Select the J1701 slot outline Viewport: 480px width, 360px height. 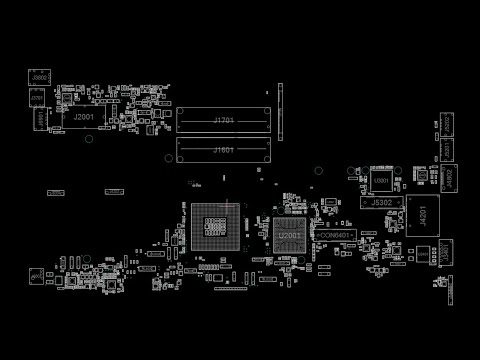224,121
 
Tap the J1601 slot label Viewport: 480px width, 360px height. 224,150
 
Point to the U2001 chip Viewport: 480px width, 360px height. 288,236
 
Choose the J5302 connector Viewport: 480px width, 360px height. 381,202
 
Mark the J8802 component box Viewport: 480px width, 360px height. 40,77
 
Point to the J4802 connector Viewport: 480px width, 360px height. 450,178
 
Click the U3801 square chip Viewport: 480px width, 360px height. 381,181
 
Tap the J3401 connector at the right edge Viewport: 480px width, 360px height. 444,254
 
